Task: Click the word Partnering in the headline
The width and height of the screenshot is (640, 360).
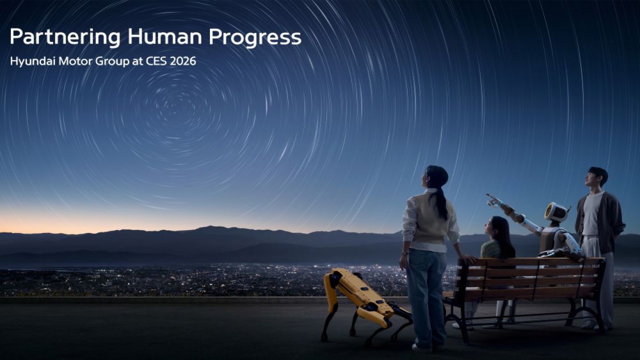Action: pyautogui.click(x=65, y=37)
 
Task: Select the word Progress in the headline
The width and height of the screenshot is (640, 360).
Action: pyautogui.click(x=255, y=37)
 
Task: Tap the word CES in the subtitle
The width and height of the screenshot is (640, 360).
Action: pyautogui.click(x=155, y=61)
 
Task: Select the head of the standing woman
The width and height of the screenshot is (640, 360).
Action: pyautogui.click(x=435, y=177)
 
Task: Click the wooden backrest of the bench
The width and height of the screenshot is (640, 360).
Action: pyautogui.click(x=533, y=273)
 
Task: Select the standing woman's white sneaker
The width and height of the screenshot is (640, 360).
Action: pyautogui.click(x=421, y=347)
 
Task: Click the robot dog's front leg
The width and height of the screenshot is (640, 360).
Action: pyautogui.click(x=330, y=312)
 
